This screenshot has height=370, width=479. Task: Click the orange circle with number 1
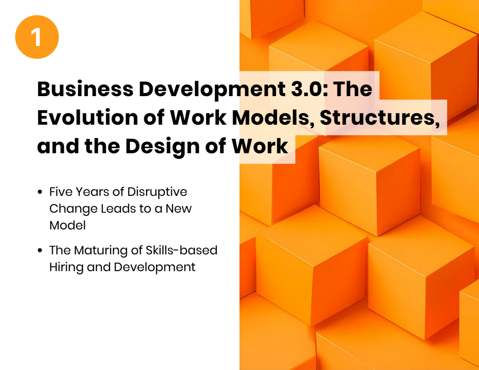[37, 37]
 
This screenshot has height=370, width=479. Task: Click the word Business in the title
[85, 89]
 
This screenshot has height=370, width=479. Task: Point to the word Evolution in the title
[88, 117]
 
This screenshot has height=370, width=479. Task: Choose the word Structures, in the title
[380, 118]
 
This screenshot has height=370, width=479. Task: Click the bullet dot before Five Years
[40, 192]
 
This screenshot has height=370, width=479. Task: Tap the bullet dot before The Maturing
[40, 250]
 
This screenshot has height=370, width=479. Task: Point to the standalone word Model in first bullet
[68, 225]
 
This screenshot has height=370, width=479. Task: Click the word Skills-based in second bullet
[181, 250]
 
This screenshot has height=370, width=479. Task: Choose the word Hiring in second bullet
[66, 268]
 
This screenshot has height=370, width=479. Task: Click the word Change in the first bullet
[73, 209]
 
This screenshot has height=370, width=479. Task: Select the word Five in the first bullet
[60, 192]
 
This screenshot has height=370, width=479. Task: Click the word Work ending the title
[259, 146]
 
